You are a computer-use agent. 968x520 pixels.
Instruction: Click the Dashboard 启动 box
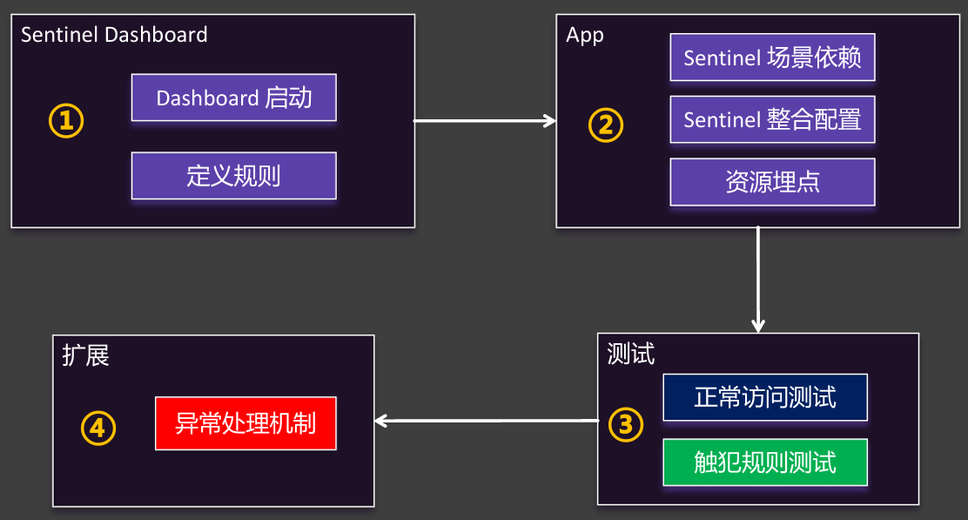[233, 98]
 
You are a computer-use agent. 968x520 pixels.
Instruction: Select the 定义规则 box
[233, 176]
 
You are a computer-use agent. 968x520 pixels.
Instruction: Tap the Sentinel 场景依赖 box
[772, 57]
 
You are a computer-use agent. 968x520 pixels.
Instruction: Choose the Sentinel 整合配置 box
[772, 119]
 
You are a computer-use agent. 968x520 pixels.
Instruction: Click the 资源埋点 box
[772, 182]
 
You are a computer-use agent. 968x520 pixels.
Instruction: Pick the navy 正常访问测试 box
[765, 397]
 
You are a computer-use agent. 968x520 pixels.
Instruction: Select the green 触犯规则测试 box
[765, 463]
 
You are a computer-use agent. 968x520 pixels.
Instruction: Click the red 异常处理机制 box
[245, 424]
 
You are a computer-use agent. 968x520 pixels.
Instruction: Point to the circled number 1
[66, 121]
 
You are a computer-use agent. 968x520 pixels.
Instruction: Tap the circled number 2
[606, 125]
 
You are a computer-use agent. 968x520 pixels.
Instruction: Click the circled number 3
[625, 424]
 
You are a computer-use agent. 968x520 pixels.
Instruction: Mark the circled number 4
[98, 427]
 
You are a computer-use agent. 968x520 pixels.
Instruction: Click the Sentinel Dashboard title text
[114, 35]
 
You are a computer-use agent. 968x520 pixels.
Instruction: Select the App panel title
[584, 35]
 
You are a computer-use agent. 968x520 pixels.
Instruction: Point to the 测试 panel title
[630, 355]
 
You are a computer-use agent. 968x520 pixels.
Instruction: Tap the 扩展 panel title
[85, 355]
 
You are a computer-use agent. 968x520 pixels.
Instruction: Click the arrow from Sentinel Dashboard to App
[484, 121]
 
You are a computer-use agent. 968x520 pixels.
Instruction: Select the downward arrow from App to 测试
[758, 279]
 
